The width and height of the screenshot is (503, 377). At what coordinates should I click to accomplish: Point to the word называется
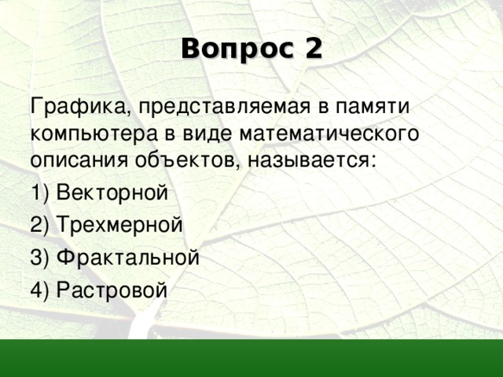pos(313,160)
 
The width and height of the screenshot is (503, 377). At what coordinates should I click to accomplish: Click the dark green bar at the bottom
pos(251,358)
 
